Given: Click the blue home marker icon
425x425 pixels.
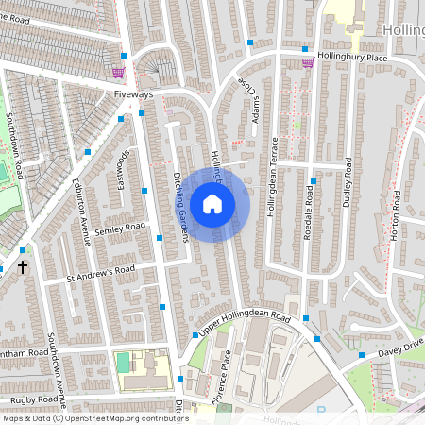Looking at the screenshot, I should [x=212, y=203].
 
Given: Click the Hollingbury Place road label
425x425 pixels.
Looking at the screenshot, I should [x=352, y=58].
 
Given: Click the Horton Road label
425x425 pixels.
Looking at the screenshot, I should [x=396, y=214].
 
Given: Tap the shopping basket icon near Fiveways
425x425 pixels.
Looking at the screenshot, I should [x=118, y=72].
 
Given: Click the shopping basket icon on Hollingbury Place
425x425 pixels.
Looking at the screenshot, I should [x=308, y=62].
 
